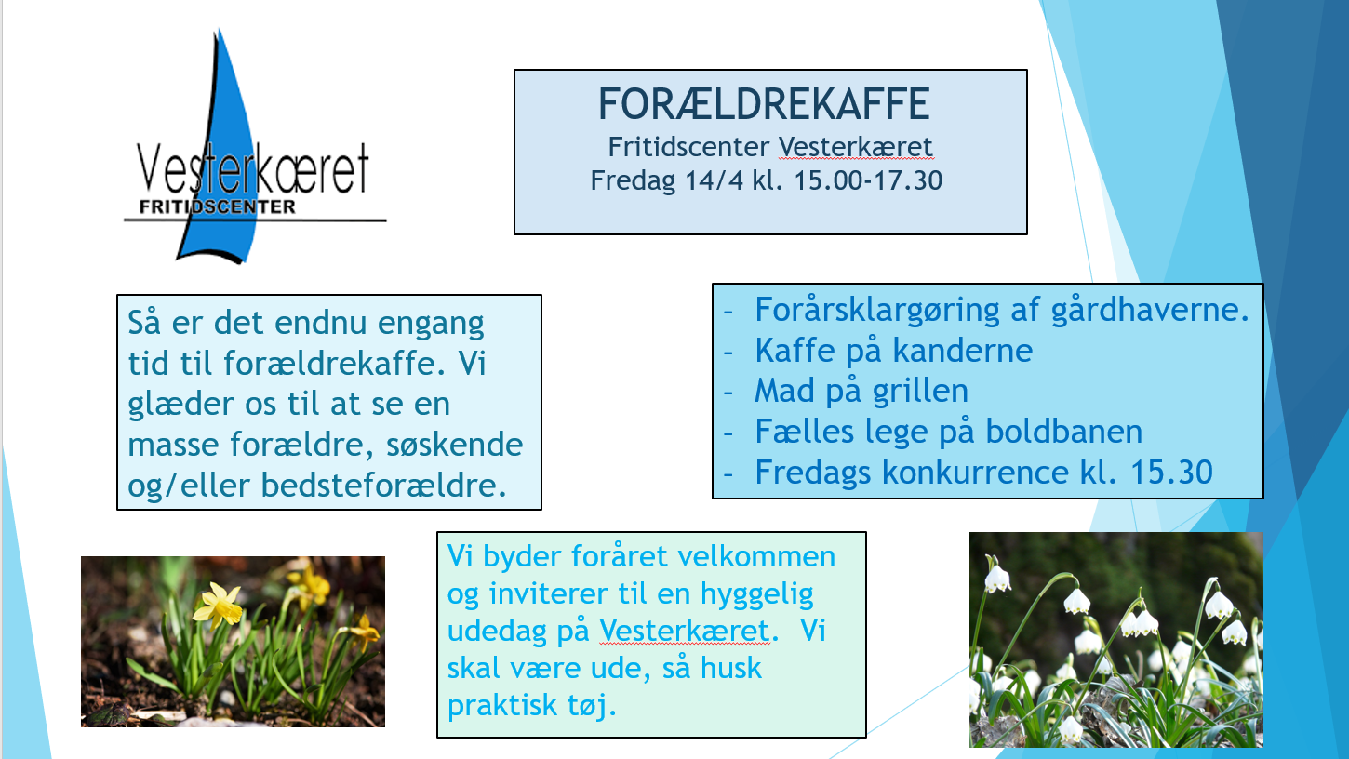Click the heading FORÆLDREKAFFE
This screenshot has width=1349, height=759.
pos(764,104)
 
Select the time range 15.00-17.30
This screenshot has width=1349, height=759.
pos(868,180)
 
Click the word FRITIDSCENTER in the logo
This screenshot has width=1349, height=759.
pos(218,207)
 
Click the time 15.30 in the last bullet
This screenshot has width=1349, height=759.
pos(1171,473)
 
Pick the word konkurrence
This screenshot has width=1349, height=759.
pos(976,473)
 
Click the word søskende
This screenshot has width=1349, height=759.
pos(455,446)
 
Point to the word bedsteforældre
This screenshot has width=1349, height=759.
pos(383,486)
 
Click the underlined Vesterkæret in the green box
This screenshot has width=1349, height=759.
pos(685,631)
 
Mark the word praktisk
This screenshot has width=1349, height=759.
pos(502,705)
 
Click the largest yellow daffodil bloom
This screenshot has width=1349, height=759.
pos(218,605)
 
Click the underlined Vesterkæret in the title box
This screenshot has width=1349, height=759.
pos(856,147)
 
